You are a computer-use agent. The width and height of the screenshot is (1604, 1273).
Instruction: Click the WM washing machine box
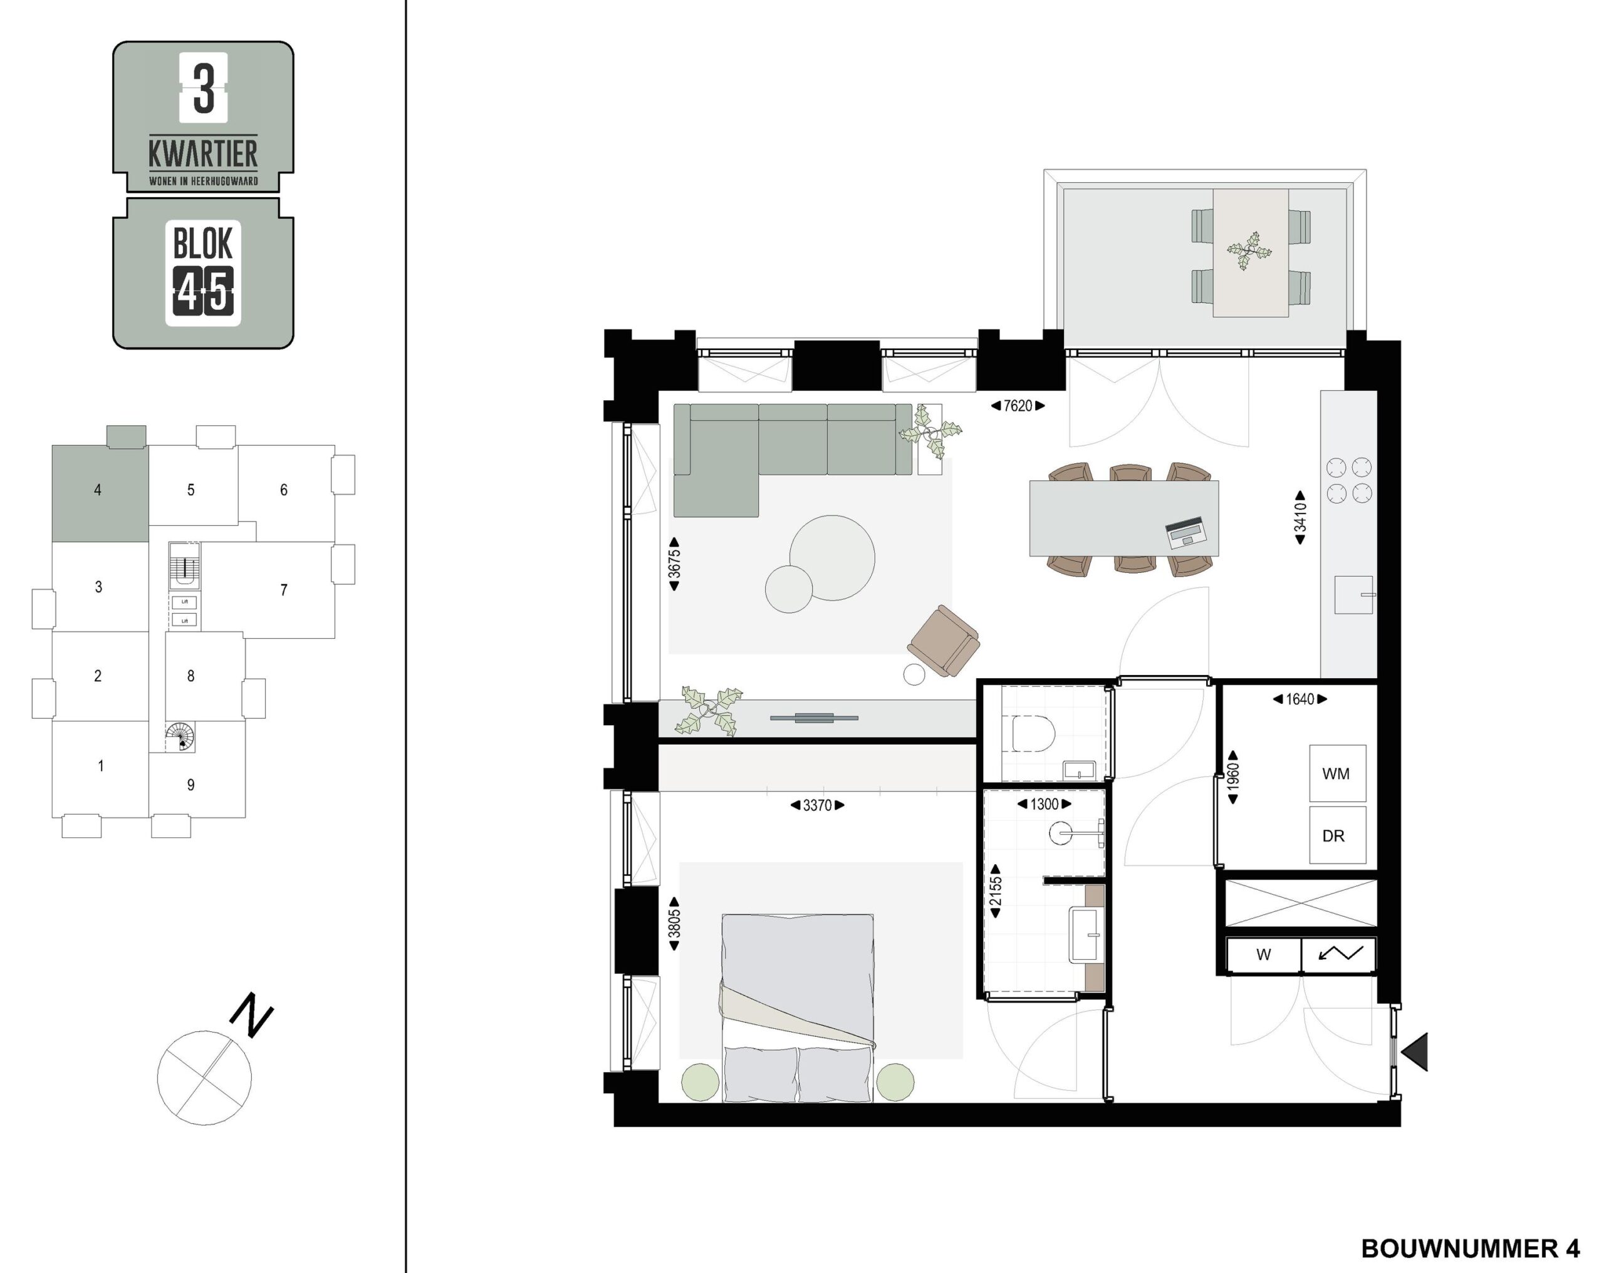point(1338,773)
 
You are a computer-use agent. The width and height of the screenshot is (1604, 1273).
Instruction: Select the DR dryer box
point(1338,835)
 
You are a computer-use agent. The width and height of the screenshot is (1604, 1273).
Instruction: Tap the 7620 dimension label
point(1018,406)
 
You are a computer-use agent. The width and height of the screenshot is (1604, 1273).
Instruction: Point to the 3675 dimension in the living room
point(674,564)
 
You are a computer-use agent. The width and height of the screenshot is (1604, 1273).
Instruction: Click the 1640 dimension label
point(1299,699)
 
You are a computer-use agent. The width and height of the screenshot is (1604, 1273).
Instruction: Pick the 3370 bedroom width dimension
point(817,805)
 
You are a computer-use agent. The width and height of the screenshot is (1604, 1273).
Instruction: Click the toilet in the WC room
point(1034,734)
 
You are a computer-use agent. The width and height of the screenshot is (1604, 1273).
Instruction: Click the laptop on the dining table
point(1187,533)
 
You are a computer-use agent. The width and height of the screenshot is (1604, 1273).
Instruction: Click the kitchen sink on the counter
point(1353,595)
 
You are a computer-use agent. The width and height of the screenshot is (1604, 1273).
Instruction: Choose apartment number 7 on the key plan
point(283,590)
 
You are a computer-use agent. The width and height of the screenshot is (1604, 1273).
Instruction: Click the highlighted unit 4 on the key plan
point(100,493)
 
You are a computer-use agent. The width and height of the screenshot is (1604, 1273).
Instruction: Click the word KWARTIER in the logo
point(203,154)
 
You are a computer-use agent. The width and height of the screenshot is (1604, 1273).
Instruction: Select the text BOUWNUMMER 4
point(1471,1249)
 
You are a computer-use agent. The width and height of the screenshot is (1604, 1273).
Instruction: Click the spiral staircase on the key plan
point(180,737)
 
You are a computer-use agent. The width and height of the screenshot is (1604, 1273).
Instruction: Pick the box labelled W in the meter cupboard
point(1263,956)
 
